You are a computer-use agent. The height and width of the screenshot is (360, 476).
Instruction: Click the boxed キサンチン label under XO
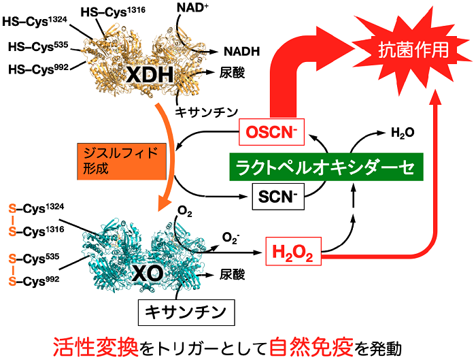click(186, 312)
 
